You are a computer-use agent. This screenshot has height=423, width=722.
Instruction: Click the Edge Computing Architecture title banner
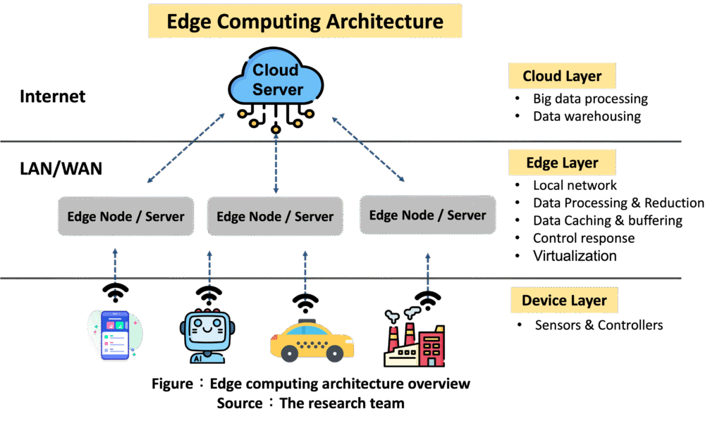(x=305, y=21)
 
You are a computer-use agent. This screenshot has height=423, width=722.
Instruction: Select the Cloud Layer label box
(x=562, y=76)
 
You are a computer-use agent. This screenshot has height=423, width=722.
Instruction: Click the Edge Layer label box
(x=562, y=163)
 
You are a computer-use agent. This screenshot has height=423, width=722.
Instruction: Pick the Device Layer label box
(x=564, y=301)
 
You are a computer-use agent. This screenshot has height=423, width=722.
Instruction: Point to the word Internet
(x=53, y=96)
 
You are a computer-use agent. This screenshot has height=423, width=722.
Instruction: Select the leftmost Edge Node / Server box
(x=126, y=216)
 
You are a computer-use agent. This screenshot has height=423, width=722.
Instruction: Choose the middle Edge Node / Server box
(x=275, y=216)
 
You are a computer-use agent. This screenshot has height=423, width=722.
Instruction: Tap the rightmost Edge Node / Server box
(x=427, y=214)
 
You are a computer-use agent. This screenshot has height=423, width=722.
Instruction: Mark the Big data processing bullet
(x=590, y=99)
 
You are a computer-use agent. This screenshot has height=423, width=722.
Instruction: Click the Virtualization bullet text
(x=575, y=255)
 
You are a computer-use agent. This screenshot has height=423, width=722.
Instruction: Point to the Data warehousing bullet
(x=587, y=116)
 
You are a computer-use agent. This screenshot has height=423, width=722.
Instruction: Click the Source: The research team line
(x=310, y=403)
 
